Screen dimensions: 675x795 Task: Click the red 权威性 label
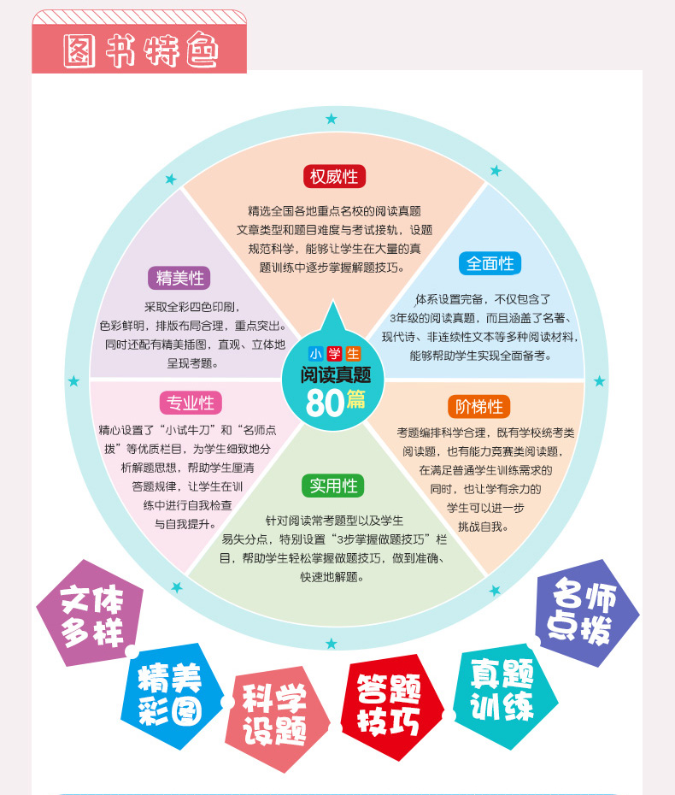(334, 177)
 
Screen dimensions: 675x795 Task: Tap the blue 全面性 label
(490, 263)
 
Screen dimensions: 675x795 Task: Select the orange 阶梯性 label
(478, 406)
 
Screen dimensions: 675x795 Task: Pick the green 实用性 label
(333, 486)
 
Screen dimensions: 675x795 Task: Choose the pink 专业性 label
(190, 402)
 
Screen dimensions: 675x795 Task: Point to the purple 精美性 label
(179, 278)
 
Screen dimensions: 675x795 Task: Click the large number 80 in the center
(325, 403)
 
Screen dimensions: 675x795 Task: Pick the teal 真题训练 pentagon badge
(502, 691)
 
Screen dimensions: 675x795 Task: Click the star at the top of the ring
(331, 119)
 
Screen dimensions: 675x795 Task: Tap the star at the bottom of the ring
(331, 643)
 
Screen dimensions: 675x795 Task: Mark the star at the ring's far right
(599, 380)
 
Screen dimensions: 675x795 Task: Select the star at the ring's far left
(73, 380)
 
